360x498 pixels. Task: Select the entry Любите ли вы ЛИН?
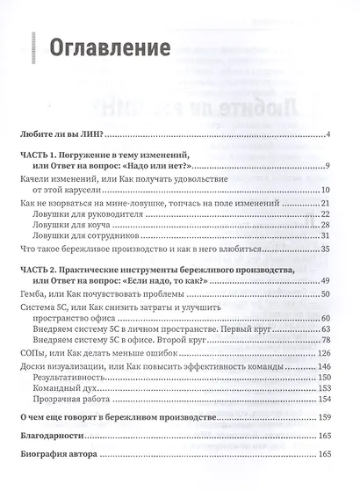(x=63, y=134)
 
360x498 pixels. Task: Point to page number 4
(x=326, y=134)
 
